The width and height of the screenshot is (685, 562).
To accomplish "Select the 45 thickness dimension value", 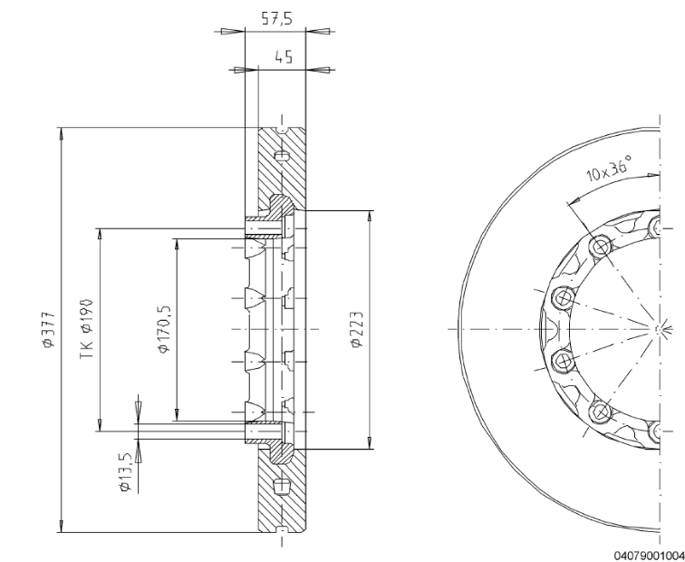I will (284, 56).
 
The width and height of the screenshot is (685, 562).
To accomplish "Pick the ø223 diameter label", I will (358, 327).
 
